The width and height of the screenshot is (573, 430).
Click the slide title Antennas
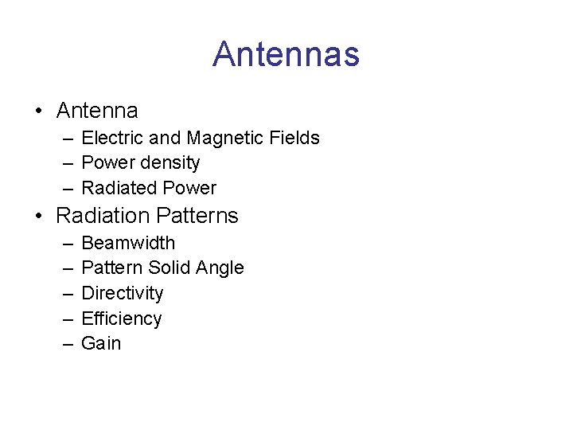[286, 55]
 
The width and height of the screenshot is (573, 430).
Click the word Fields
[294, 138]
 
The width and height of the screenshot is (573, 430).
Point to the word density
[168, 163]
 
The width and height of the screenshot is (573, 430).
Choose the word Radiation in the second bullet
[103, 216]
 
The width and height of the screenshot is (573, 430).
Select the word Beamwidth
[128, 243]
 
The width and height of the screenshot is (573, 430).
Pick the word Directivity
[122, 294]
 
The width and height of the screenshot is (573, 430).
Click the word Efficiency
[121, 319]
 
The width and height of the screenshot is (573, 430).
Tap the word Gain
[101, 344]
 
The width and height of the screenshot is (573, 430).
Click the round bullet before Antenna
[38, 111]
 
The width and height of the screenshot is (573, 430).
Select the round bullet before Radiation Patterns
[38, 216]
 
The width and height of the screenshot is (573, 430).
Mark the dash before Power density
[66, 163]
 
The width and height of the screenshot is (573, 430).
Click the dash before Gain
[66, 344]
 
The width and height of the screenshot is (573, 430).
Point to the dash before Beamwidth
[66, 243]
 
